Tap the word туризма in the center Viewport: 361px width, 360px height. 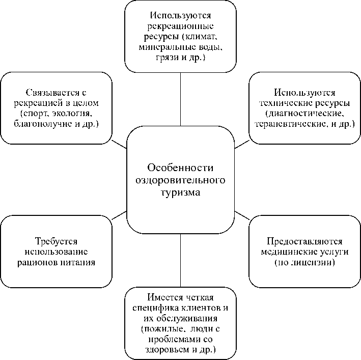[x=180, y=193]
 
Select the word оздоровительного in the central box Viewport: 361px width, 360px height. [x=180, y=181]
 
